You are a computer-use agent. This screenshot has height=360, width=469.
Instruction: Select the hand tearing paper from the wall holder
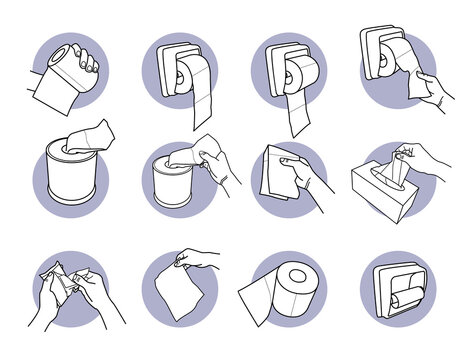[x=433, y=84]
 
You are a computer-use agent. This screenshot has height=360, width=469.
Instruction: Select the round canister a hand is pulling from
[x=176, y=191]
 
